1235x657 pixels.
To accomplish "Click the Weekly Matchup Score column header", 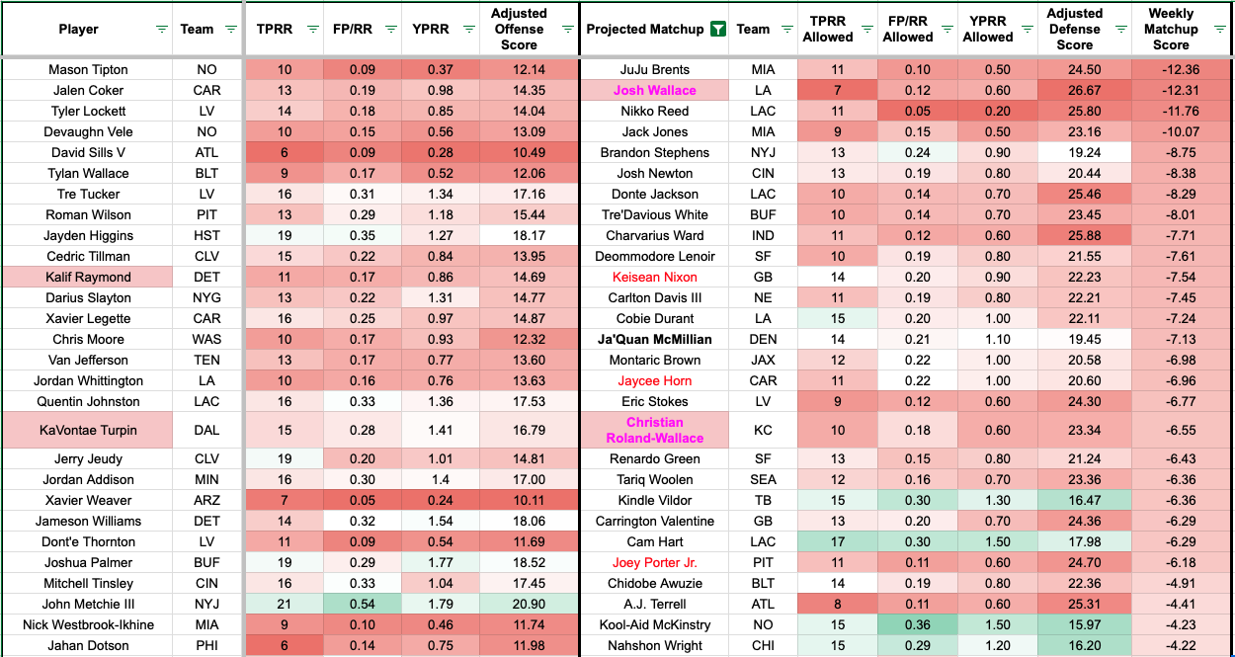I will pos(1171,29).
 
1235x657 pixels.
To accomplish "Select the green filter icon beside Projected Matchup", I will pos(718,29).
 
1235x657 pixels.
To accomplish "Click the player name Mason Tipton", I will pos(88,69).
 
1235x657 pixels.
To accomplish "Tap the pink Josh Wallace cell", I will pos(654,90).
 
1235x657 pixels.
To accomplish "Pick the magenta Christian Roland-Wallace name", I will pos(654,430).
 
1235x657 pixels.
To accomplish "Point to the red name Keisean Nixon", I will pos(654,277).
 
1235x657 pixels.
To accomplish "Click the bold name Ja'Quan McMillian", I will pos(654,339).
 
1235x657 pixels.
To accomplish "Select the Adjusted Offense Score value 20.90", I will pos(519,604).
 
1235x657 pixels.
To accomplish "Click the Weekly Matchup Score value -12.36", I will pos(1171,69).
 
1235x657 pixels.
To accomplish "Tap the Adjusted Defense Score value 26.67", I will pos(1075,90).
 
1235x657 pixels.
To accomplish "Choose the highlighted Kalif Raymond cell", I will pos(88,277).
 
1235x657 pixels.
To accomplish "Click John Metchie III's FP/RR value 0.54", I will pos(364,604).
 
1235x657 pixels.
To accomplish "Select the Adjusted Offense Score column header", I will pos(519,29).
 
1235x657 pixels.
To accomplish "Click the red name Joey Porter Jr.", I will pos(654,562).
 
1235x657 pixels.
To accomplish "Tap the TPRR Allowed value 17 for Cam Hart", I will pos(827,541).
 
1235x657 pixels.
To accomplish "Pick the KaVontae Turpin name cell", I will pos(88,430).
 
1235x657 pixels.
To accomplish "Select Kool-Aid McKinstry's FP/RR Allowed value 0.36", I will pos(907,624).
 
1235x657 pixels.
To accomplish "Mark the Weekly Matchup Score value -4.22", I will pos(1171,645).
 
